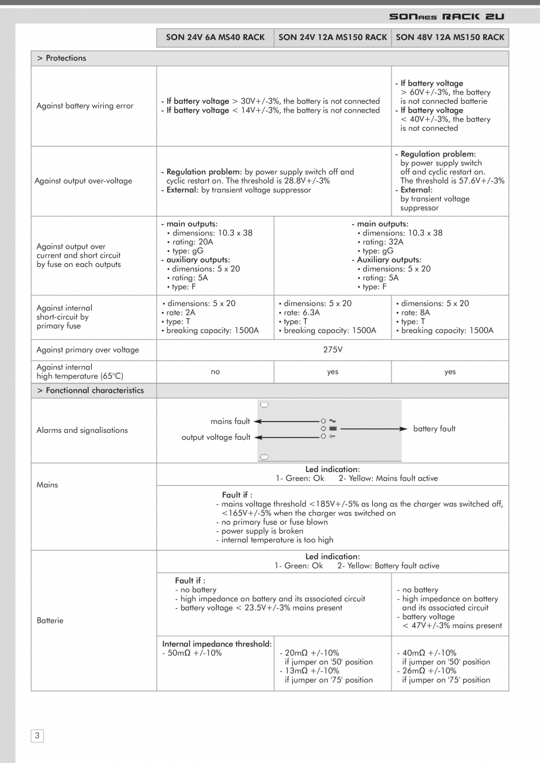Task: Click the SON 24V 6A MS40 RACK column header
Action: pos(215,38)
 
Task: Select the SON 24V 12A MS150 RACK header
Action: pos(332,38)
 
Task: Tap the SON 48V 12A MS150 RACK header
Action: pos(450,38)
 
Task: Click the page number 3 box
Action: pos(37,735)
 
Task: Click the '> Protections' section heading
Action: pos(62,58)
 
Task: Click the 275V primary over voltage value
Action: pos(332,350)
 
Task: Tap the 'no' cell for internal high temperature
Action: pos(215,371)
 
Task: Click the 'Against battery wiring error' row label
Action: pos(85,106)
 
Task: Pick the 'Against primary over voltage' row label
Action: pos(87,350)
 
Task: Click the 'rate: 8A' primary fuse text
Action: pos(414,313)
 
